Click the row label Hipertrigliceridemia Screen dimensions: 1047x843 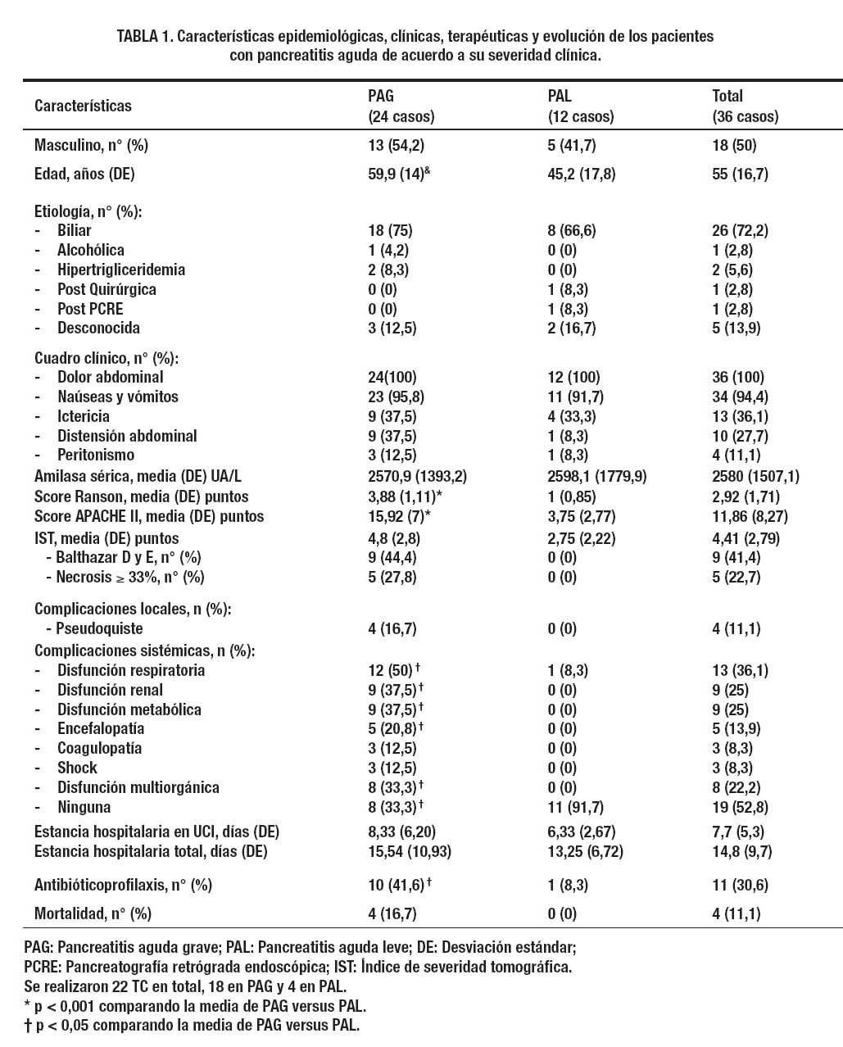[120, 270]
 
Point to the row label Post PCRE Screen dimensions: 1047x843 [96, 309]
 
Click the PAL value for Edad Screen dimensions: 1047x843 [581, 174]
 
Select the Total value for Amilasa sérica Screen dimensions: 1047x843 [756, 476]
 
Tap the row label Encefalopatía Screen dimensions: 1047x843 [101, 728]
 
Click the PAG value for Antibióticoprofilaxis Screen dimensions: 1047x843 [396, 885]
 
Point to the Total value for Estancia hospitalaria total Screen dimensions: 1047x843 [742, 851]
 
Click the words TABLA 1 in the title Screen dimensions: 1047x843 [144, 37]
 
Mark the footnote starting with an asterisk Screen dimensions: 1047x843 [195, 1005]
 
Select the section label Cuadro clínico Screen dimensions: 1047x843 [107, 358]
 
